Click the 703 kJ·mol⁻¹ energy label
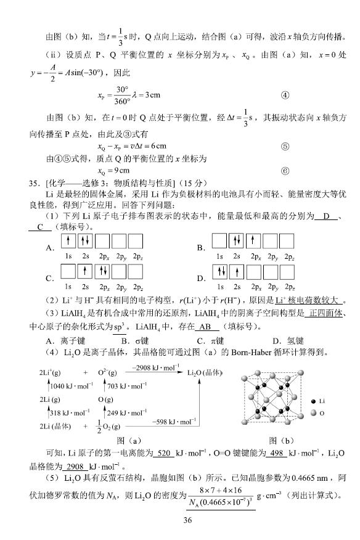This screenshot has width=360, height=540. [x=128, y=386]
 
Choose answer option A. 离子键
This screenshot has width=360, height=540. [x=67, y=341]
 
